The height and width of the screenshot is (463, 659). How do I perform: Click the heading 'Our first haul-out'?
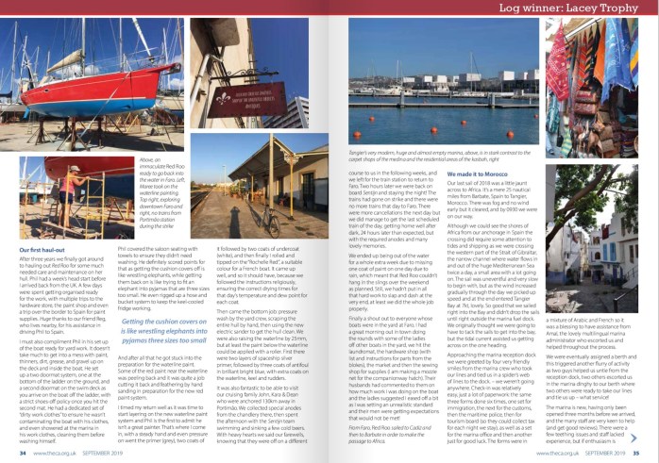[x=43, y=248]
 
